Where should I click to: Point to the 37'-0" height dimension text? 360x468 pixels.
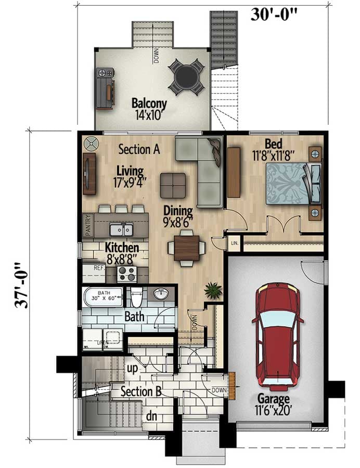coord(21,285)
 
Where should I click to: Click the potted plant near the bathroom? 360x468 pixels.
coord(213,290)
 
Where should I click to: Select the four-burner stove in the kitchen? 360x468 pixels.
coord(125,273)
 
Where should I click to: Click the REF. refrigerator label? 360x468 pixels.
coord(99,268)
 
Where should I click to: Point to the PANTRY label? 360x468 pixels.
coord(88,226)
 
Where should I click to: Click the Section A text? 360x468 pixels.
coord(139,149)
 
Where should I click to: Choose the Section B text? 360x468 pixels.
coord(140,392)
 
